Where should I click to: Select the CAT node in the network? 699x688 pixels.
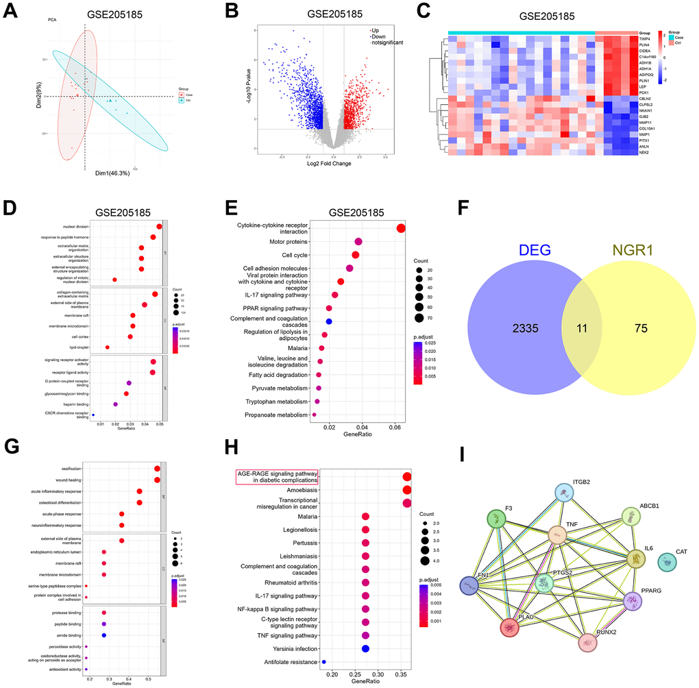[669, 563]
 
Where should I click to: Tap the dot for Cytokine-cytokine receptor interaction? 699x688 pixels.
[401, 229]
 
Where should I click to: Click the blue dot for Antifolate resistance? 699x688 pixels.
[323, 662]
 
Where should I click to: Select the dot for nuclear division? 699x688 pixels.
[159, 227]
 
